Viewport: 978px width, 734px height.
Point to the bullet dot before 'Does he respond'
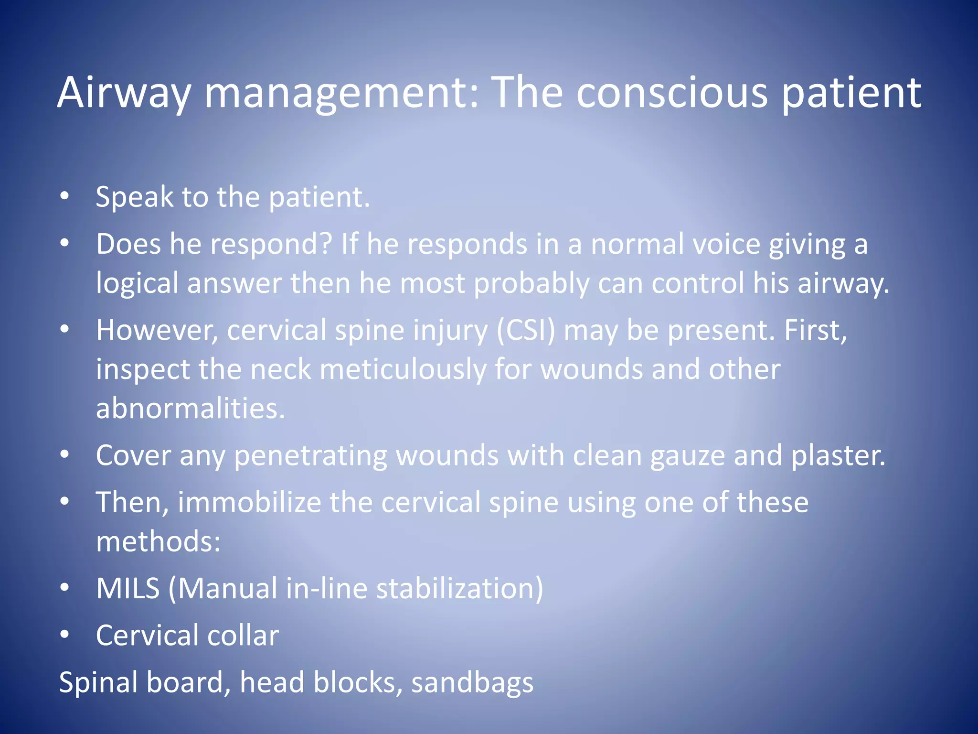65,243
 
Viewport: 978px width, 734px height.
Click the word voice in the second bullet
726,244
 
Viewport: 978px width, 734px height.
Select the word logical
137,283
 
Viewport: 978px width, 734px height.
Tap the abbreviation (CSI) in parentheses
526,330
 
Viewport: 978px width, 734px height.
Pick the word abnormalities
191,409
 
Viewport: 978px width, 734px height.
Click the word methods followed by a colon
158,542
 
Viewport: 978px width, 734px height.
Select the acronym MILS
128,588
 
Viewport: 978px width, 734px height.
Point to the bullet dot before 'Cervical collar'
65,635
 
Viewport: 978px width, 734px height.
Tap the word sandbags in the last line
472,682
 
